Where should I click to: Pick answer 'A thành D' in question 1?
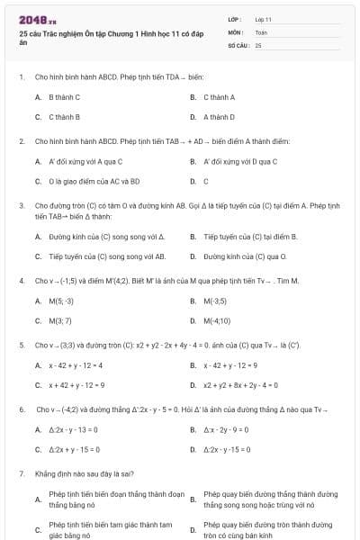click(x=219, y=117)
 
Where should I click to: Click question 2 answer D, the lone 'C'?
click(x=206, y=181)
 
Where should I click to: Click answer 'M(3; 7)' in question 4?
click(x=60, y=320)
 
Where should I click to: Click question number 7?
click(x=21, y=472)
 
